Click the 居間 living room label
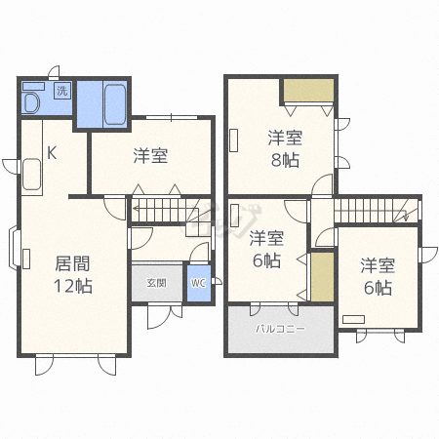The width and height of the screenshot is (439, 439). click(71, 263)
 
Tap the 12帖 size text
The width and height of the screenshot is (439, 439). click(71, 286)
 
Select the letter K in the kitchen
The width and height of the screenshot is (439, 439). click(53, 152)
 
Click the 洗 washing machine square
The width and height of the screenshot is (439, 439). click(62, 91)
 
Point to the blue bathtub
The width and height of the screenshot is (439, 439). click(102, 104)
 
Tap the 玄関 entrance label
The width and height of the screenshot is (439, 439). click(156, 283)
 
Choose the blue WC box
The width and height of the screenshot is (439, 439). click(199, 283)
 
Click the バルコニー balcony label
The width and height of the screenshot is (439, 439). click(280, 330)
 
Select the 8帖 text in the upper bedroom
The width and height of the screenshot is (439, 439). click(283, 160)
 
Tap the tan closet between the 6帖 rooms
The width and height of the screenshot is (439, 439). click(320, 277)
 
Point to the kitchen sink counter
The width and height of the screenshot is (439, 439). click(30, 176)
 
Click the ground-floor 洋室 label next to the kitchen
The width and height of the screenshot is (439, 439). click(150, 156)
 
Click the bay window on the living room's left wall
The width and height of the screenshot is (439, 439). click(15, 247)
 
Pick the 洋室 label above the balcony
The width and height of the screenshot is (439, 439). click(265, 239)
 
